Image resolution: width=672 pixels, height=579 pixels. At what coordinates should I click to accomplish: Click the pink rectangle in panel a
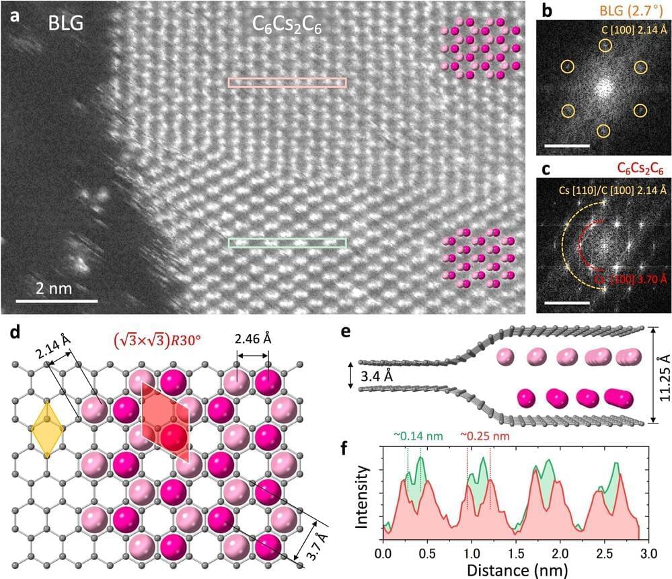tap(287, 83)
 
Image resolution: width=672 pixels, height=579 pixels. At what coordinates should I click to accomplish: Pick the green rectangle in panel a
tap(287, 242)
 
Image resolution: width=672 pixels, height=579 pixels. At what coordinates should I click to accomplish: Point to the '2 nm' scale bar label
tap(57, 288)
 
